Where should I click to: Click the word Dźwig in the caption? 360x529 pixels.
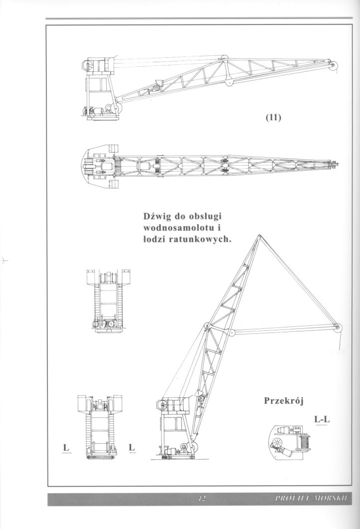coord(156,216)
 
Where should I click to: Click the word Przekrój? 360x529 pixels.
coord(284,401)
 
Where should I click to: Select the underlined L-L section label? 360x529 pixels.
coord(322,420)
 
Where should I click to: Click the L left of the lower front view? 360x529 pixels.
coord(66,448)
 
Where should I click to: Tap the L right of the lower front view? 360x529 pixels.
coord(132,448)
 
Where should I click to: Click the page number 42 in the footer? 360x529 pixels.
coord(201,499)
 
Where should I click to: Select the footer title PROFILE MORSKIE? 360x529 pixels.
coord(313,499)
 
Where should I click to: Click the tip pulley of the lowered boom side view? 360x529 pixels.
coord(334,66)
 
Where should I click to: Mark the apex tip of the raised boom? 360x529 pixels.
coord(259,236)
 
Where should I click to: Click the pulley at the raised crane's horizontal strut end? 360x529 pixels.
coord(338,327)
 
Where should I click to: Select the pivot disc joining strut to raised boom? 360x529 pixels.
coord(231,333)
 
